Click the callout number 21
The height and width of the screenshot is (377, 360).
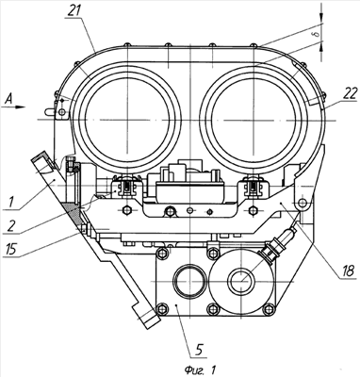73,11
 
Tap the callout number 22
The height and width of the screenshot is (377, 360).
348,93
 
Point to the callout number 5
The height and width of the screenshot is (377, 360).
200,350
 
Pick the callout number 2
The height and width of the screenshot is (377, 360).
9,226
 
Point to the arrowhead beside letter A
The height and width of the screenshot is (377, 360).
21,107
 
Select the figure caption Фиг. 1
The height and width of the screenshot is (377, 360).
200,369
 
